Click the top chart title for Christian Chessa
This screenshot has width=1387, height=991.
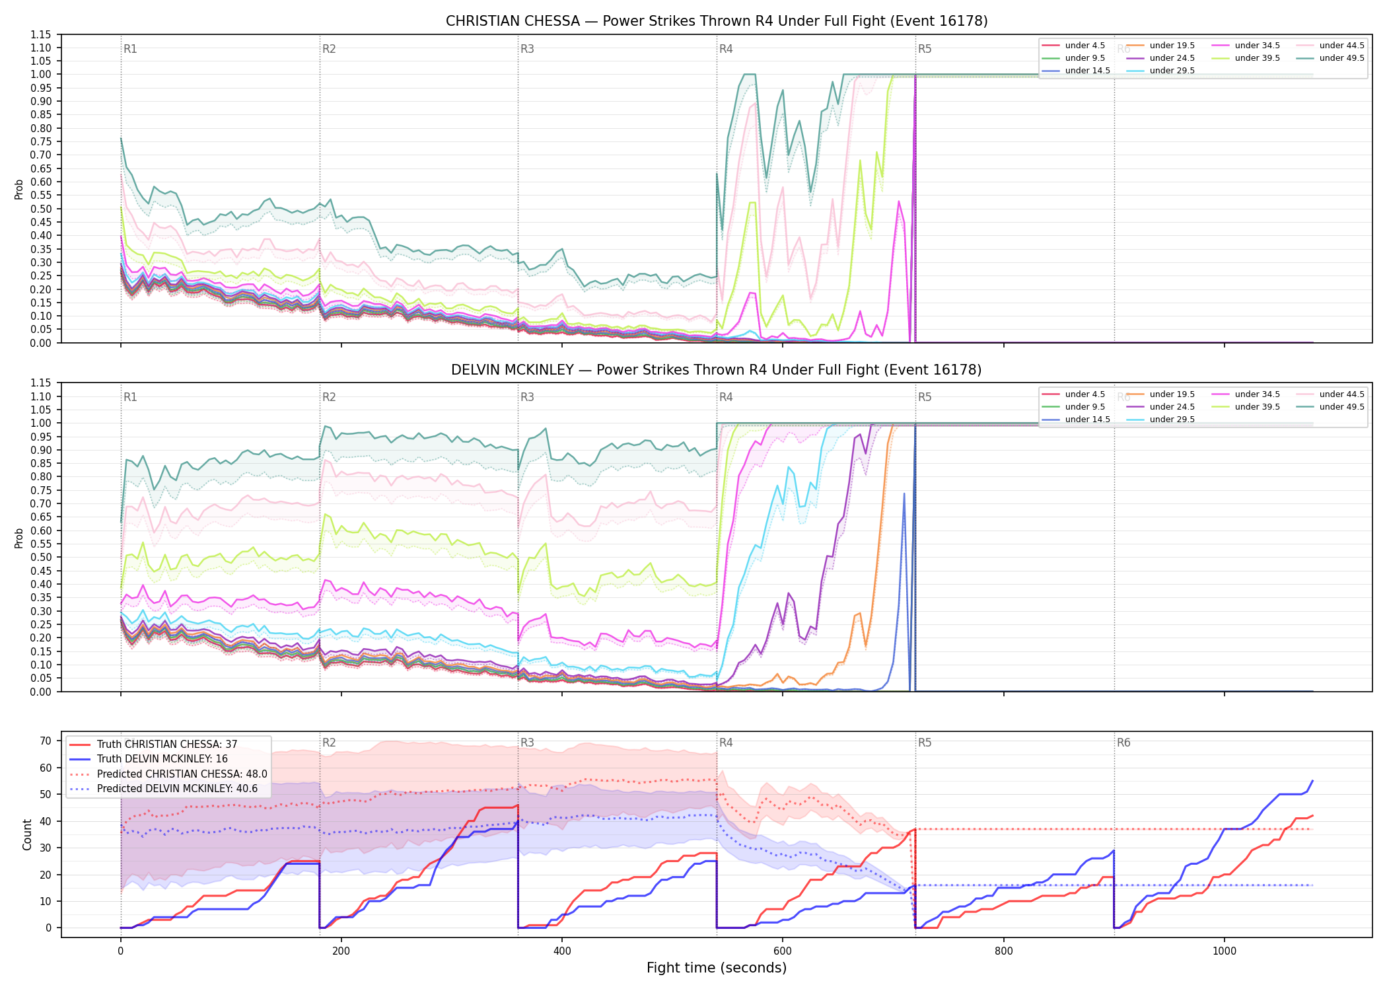[x=717, y=21]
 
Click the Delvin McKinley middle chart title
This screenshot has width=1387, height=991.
[x=717, y=370]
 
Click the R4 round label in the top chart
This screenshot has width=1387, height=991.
[x=726, y=49]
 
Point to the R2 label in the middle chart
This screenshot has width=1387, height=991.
[x=329, y=397]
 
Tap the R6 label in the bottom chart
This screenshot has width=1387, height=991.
[x=1123, y=743]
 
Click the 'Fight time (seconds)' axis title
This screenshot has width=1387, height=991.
[x=717, y=968]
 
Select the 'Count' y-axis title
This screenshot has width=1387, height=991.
[x=27, y=834]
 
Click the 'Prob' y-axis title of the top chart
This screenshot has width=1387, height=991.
[x=19, y=189]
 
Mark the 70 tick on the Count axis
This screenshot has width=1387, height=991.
[x=45, y=741]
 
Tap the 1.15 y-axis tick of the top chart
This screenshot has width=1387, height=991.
[x=40, y=34]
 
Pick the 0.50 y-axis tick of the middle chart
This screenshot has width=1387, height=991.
[x=40, y=557]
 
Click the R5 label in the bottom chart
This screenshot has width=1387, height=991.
[x=925, y=743]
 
